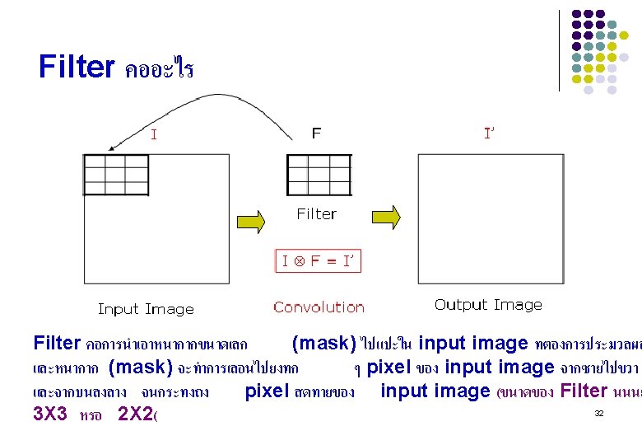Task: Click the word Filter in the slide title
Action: tap(77, 67)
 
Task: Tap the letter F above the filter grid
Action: tap(317, 132)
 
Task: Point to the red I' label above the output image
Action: tap(489, 133)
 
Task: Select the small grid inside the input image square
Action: tap(116, 174)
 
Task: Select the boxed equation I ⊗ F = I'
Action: tap(317, 261)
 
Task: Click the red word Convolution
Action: tap(319, 307)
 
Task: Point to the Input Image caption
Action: tap(146, 309)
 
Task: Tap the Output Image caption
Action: tap(488, 305)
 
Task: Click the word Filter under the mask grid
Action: tap(317, 214)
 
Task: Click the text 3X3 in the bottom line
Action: tap(50, 413)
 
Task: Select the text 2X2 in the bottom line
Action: tap(136, 413)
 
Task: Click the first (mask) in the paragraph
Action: tap(324, 343)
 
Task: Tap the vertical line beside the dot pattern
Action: tap(559, 49)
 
